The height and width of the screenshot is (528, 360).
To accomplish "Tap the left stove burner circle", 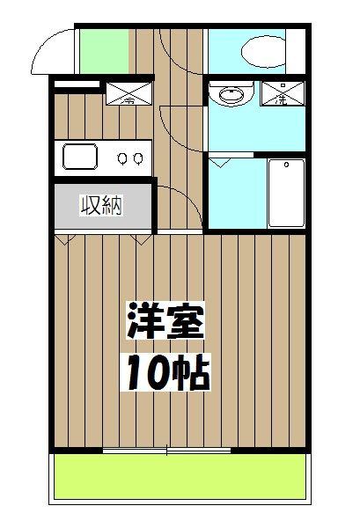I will (x=124, y=159).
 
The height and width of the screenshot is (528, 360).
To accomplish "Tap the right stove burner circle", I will (x=139, y=159).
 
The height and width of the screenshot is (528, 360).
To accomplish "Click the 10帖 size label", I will (x=165, y=374).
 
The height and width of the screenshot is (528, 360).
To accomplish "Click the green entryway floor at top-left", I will (x=103, y=52).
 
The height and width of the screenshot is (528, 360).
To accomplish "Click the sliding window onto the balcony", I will (x=166, y=451).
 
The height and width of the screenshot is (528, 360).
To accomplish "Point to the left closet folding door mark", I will (x=62, y=237).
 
